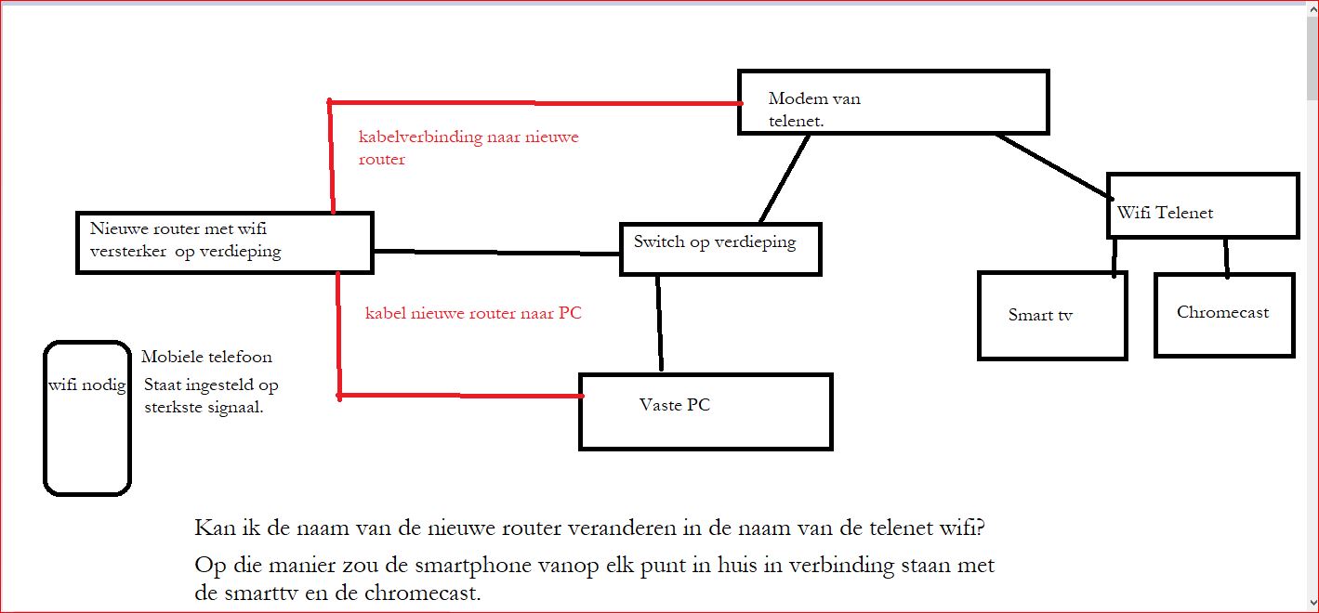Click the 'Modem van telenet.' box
coord(893,102)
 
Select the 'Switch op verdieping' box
coord(720,249)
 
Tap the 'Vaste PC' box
coord(706,411)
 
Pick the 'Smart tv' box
coord(1052,316)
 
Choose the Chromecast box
coord(1224,315)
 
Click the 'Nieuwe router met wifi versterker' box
coord(224,242)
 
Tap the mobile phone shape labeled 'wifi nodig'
coord(86,418)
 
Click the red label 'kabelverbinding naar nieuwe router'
coord(468,148)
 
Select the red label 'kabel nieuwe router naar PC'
coord(473,313)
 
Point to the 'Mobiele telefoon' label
coord(206,357)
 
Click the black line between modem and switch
coord(785,179)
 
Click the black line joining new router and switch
coord(496,252)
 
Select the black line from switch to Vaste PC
coord(659,323)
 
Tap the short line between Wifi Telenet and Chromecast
coord(1226,257)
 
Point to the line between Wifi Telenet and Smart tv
coord(1114,255)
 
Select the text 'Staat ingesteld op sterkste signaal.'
coord(211,396)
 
